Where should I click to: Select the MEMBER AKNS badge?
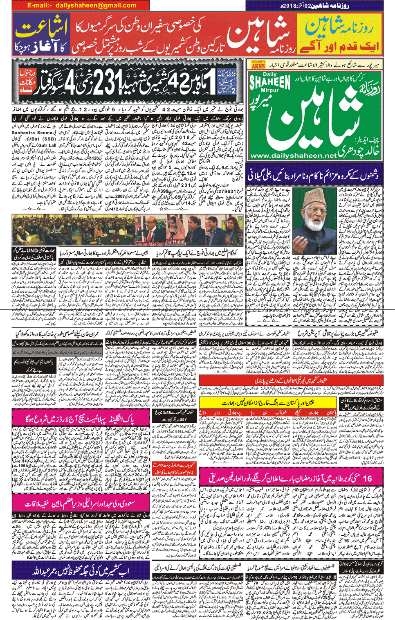[258, 64]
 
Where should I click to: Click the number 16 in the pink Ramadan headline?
[367, 478]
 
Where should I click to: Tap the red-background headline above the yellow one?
[291, 381]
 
